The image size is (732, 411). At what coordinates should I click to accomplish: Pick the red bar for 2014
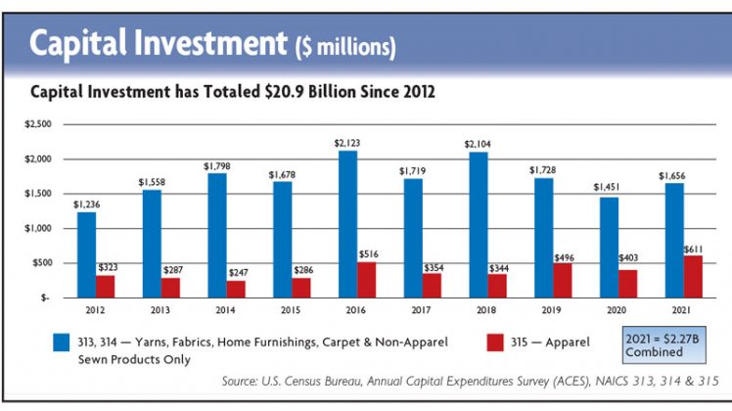[x=235, y=289]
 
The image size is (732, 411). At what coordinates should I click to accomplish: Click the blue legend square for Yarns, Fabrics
[x=61, y=342]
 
